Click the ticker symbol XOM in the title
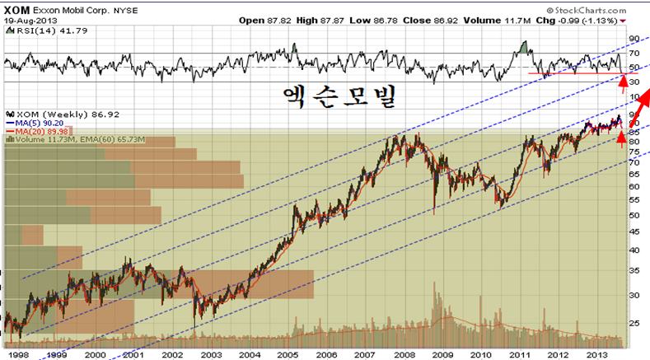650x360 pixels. pyautogui.click(x=18, y=7)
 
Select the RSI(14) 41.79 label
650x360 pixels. pyautogui.click(x=46, y=30)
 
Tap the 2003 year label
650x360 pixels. pyautogui.click(x=210, y=353)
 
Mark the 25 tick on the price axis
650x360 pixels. pyautogui.click(x=634, y=324)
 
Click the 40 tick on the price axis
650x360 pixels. pyautogui.click(x=634, y=250)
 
